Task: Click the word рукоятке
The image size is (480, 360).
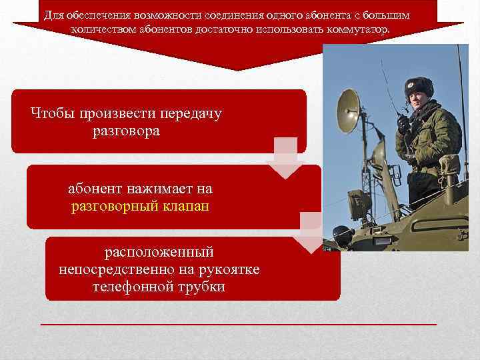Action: coord(231,269)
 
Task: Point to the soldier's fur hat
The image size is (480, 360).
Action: coord(419,87)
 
